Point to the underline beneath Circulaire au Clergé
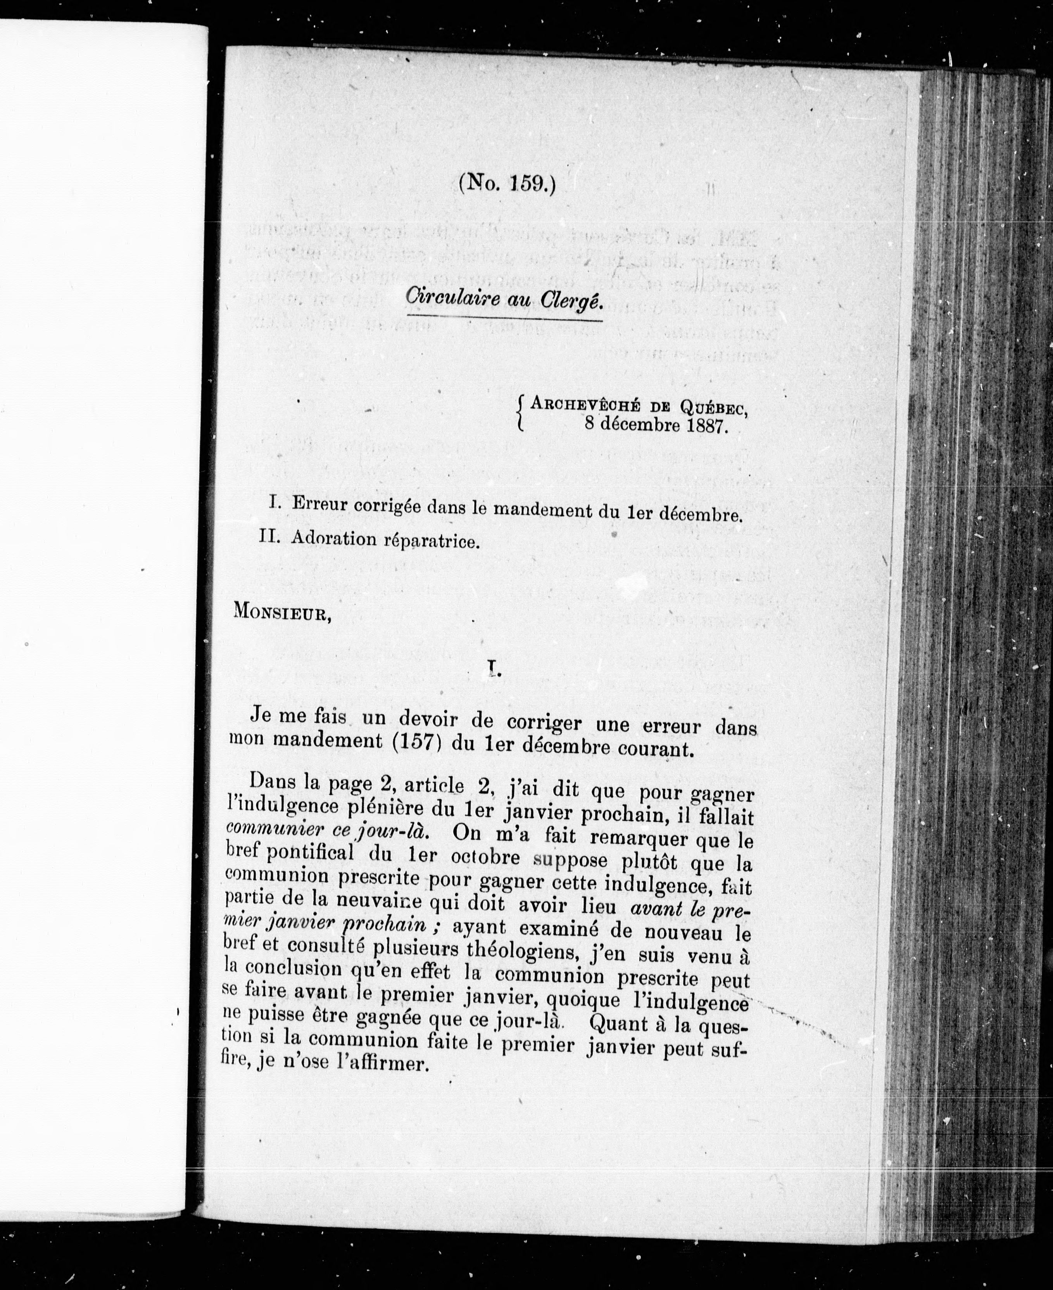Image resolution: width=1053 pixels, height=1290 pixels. [504, 316]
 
